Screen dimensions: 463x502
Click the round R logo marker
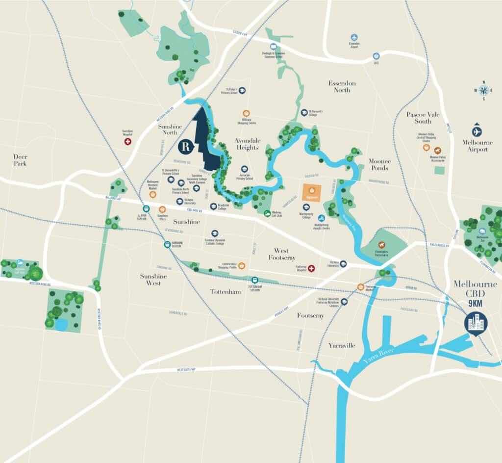coord(186,146)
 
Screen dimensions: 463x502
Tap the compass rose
coord(484,90)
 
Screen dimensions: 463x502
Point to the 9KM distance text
coord(475,303)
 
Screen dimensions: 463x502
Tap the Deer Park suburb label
coord(20,159)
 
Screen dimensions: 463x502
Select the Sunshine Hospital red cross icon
coord(128,142)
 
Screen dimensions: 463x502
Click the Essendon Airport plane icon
coord(354,37)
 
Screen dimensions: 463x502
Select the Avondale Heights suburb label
coord(248,144)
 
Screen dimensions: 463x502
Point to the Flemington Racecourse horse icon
coord(381,244)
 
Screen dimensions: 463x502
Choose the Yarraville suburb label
coord(341,345)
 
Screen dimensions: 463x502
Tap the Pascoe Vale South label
coord(423,118)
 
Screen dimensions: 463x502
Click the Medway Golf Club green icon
coord(267,213)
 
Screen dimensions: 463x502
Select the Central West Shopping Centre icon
coord(241,265)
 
